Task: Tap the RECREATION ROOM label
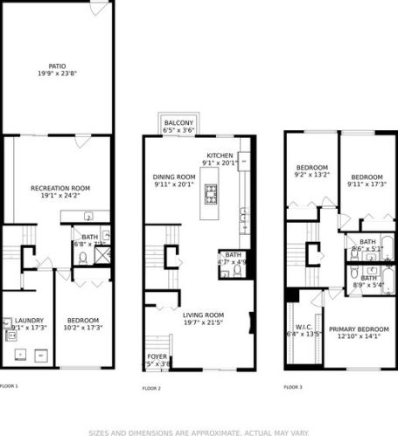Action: (x=61, y=188)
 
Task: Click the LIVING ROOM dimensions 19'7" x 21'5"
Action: (x=203, y=323)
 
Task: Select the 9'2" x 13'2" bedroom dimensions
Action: (x=311, y=175)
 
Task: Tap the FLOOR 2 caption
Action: (x=152, y=388)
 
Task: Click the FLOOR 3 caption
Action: (x=293, y=387)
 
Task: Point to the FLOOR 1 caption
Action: (x=9, y=385)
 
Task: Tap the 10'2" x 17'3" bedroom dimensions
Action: (x=83, y=327)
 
